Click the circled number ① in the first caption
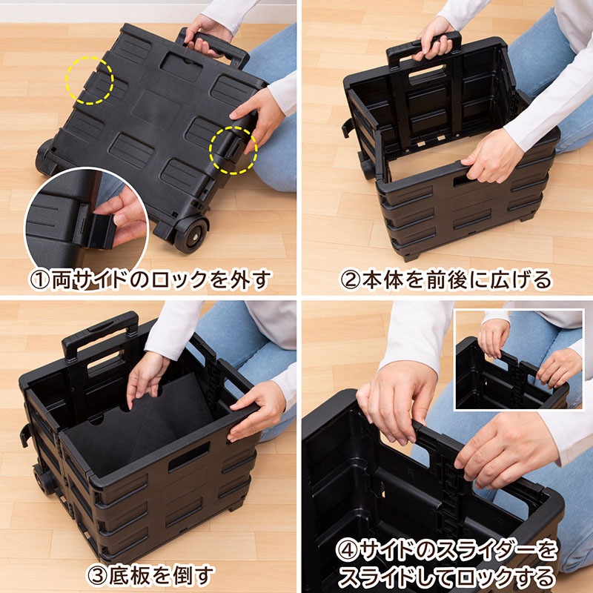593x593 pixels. [39, 279]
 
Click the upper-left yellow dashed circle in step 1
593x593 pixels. [89, 79]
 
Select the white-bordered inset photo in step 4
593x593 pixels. [518, 360]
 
